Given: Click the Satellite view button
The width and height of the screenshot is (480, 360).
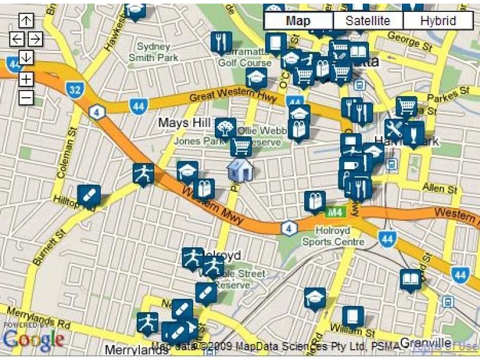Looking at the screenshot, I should tap(368, 21).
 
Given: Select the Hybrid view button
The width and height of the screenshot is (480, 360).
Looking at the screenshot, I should tap(437, 21).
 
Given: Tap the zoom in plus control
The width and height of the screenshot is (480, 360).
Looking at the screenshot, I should tap(26, 79).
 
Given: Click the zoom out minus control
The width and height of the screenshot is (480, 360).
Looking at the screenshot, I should tap(26, 97).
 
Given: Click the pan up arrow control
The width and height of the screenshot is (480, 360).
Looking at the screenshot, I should tap(26, 20).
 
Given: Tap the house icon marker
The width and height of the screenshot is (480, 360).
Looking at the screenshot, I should tap(240, 170).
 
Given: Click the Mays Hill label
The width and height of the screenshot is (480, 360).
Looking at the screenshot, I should tap(183, 123).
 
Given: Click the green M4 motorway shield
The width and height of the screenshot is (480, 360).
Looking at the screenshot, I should tap(334, 212).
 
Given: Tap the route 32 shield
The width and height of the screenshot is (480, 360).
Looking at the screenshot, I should tap(74, 90).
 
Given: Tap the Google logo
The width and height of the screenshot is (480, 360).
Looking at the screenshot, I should tap(33, 339).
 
